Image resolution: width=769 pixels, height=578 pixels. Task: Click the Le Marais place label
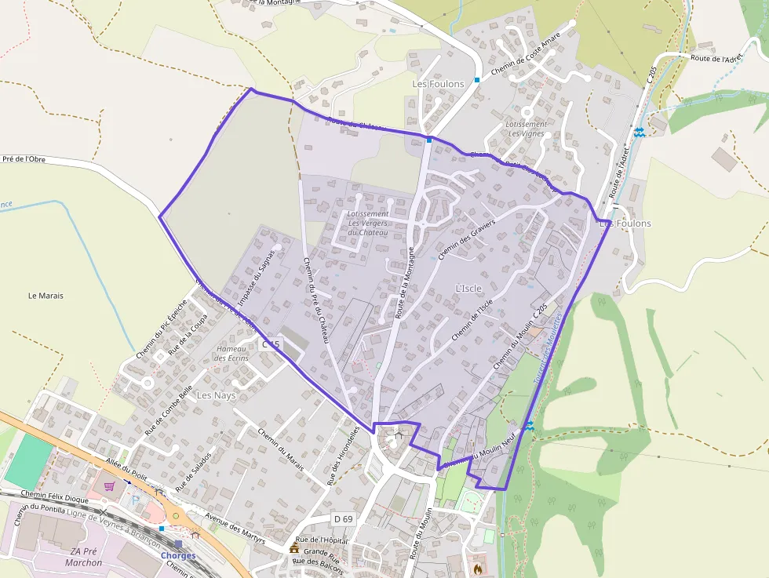point(46,296)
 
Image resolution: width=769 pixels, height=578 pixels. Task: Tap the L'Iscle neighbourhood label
point(468,289)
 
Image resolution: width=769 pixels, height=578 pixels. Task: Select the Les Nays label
point(216,395)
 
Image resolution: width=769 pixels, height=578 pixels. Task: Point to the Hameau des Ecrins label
point(231,354)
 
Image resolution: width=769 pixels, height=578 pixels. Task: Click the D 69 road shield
point(342,519)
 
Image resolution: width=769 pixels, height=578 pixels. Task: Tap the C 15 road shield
point(271,344)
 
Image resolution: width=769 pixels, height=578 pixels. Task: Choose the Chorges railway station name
point(178,556)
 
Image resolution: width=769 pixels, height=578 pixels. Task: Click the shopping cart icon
point(109,486)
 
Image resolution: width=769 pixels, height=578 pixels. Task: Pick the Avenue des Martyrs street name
point(235,529)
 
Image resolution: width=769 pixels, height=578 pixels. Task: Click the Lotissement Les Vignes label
point(527,129)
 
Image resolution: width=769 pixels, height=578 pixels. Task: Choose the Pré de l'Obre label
point(24,159)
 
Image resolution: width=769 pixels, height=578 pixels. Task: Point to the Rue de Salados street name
point(193,471)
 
